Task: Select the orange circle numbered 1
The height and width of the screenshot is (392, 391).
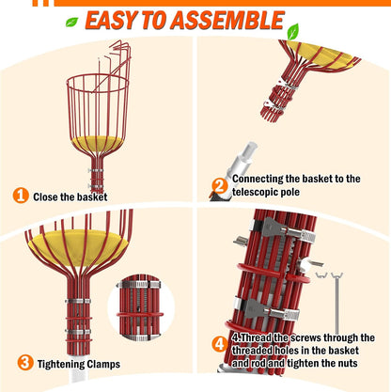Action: point(20,196)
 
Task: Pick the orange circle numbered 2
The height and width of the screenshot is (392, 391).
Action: point(216,185)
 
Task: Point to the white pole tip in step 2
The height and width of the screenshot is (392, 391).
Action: point(248,151)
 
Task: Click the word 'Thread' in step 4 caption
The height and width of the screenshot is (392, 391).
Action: point(260,337)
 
